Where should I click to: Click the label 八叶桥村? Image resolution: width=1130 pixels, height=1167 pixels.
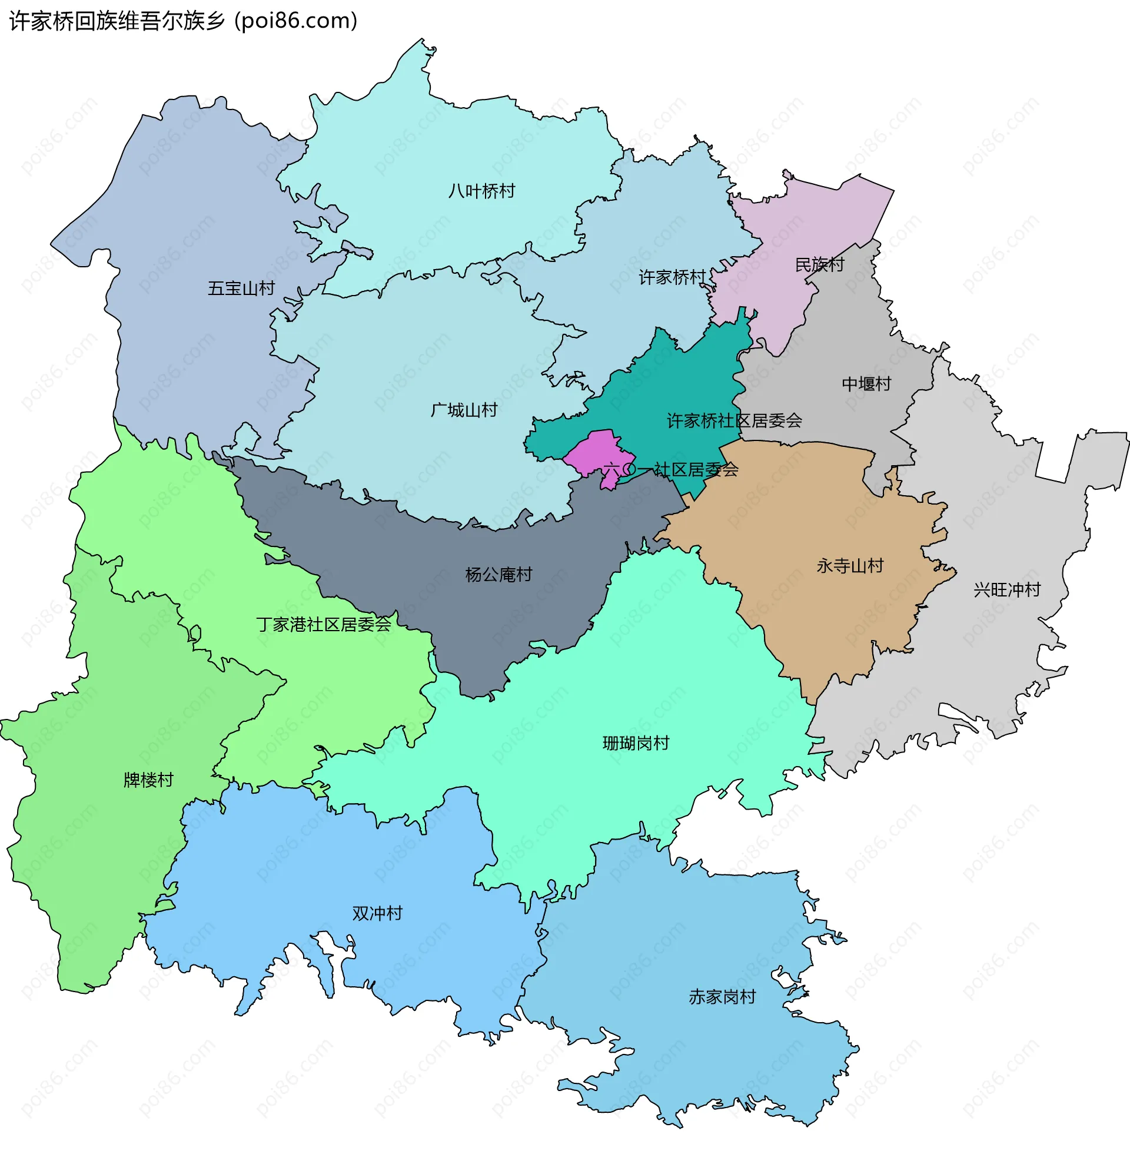[481, 191]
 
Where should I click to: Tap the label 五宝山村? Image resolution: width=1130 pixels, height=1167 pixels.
[241, 288]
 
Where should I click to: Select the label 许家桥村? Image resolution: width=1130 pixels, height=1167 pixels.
[672, 277]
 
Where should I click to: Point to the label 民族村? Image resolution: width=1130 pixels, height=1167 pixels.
[819, 264]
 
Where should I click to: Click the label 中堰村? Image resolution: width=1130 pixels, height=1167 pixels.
[866, 383]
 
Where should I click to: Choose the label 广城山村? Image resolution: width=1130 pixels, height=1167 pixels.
[464, 410]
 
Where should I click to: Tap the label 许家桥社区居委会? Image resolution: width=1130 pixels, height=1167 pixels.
[734, 421]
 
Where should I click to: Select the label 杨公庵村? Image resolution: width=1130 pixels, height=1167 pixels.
[498, 575]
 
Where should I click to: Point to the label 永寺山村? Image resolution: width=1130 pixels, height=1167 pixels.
[850, 566]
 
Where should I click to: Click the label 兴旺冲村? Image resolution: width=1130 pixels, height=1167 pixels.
[1007, 590]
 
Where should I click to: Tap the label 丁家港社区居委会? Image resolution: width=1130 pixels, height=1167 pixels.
[324, 624]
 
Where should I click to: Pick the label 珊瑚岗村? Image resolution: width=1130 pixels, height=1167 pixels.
[636, 743]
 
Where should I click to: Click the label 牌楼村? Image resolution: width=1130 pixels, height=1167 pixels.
[148, 780]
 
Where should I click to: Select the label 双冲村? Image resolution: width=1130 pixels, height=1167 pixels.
[377, 913]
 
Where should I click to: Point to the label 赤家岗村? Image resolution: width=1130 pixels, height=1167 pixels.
[722, 997]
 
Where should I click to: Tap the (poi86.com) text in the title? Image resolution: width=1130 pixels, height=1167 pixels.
[295, 21]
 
